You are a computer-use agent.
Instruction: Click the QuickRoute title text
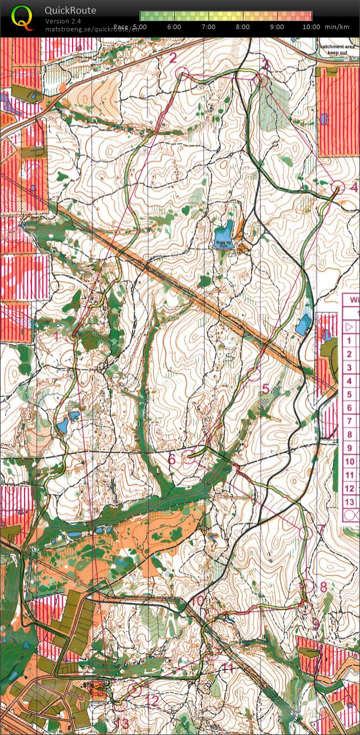tap(70, 10)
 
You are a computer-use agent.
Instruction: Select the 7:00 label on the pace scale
tap(209, 27)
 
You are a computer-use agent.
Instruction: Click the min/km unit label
tap(337, 27)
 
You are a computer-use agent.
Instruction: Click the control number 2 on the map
tap(173, 57)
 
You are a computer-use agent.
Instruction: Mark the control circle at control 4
tap(338, 187)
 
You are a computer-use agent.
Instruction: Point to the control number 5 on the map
tap(265, 389)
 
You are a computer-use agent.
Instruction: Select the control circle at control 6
tap(188, 456)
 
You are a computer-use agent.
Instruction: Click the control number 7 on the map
tap(321, 529)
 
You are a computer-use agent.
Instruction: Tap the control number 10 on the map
tap(197, 601)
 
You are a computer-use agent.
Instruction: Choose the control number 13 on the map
tap(122, 724)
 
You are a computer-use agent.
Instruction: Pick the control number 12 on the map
tap(152, 700)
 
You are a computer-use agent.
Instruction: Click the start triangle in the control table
tap(350, 327)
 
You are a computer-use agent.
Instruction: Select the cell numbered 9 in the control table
tap(350, 448)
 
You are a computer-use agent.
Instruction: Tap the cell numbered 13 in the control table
tap(350, 502)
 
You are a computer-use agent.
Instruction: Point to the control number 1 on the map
tap(57, 336)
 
